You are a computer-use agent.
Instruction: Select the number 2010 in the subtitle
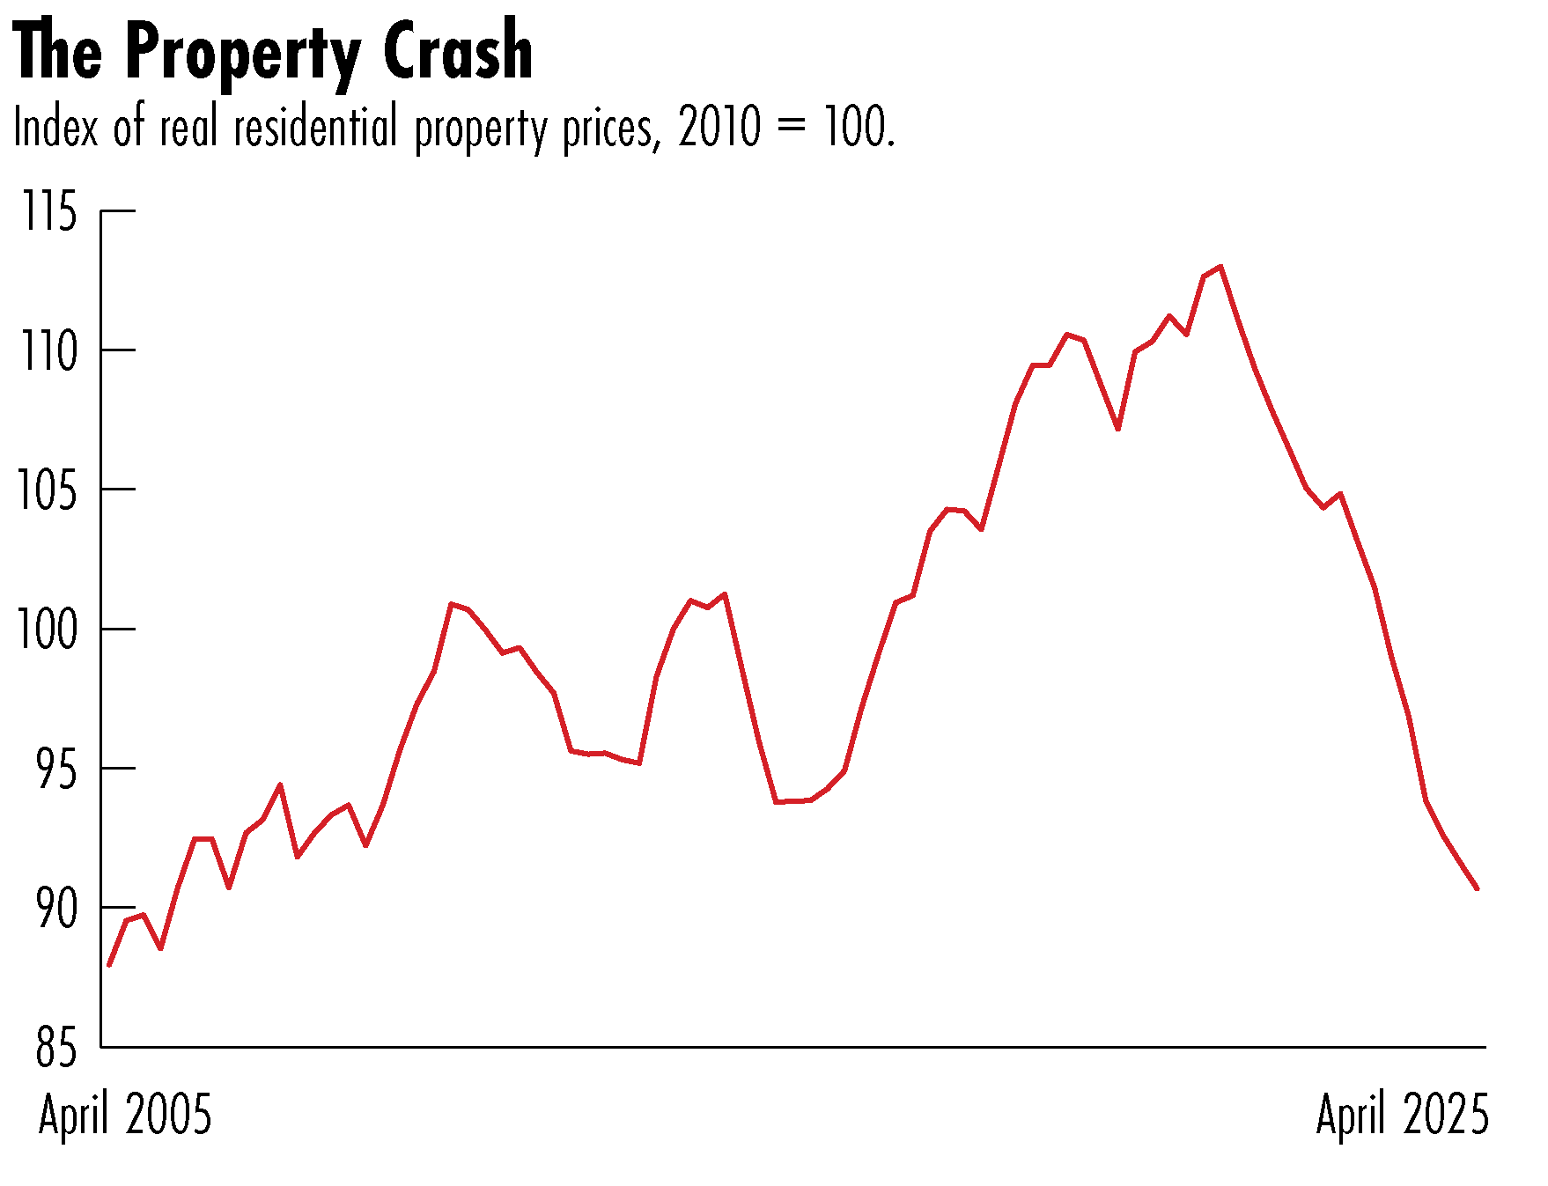pos(719,128)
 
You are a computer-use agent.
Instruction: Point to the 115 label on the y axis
pos(49,212)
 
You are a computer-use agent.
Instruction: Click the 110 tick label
pos(49,351)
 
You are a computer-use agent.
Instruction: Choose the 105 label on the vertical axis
pos(49,490)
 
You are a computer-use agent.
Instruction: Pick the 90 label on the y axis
pos(56,908)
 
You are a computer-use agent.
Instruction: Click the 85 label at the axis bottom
pos(56,1048)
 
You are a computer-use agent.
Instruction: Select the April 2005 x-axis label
pos(125,1115)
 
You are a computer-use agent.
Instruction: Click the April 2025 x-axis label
pos(1402,1115)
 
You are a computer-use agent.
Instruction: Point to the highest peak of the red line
pos(1220,266)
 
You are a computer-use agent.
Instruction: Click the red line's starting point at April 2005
pos(108,966)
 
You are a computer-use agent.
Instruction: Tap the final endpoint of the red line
pos(1478,889)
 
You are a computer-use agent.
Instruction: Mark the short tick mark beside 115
pos(119,211)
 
